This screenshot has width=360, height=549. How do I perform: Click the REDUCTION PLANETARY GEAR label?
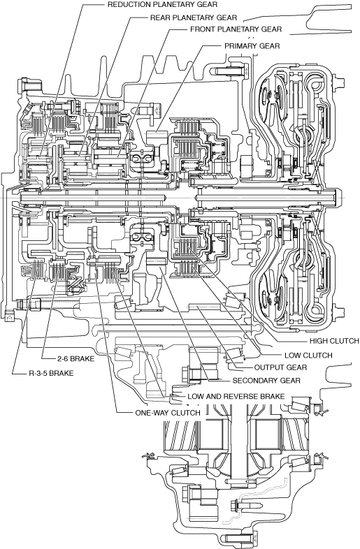click(x=162, y=5)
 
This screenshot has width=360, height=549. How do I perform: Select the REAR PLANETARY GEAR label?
click(x=194, y=17)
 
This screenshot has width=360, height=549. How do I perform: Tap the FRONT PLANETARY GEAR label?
click(x=236, y=29)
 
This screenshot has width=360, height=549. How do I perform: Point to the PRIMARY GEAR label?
click(x=252, y=46)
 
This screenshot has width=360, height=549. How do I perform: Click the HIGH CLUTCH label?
click(x=334, y=341)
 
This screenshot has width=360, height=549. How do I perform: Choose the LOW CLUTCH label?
click(x=308, y=356)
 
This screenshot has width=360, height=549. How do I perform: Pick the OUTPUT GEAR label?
click(x=280, y=367)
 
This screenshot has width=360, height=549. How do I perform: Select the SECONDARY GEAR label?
click(x=266, y=380)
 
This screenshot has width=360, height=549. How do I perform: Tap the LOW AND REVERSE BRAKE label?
click(x=236, y=396)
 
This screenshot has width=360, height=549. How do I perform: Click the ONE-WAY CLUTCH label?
click(x=168, y=413)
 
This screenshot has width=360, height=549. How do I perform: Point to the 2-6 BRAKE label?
click(x=75, y=358)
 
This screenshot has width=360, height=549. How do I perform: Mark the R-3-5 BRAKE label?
click(x=51, y=373)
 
